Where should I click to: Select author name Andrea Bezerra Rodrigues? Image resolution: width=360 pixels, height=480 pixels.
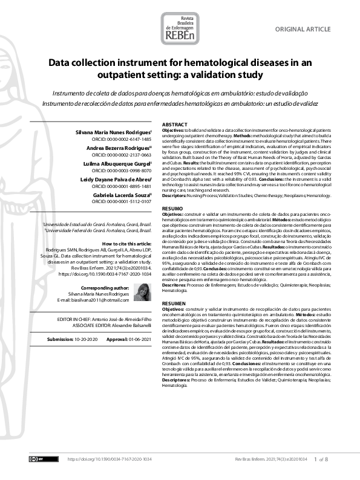coord(123,148)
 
